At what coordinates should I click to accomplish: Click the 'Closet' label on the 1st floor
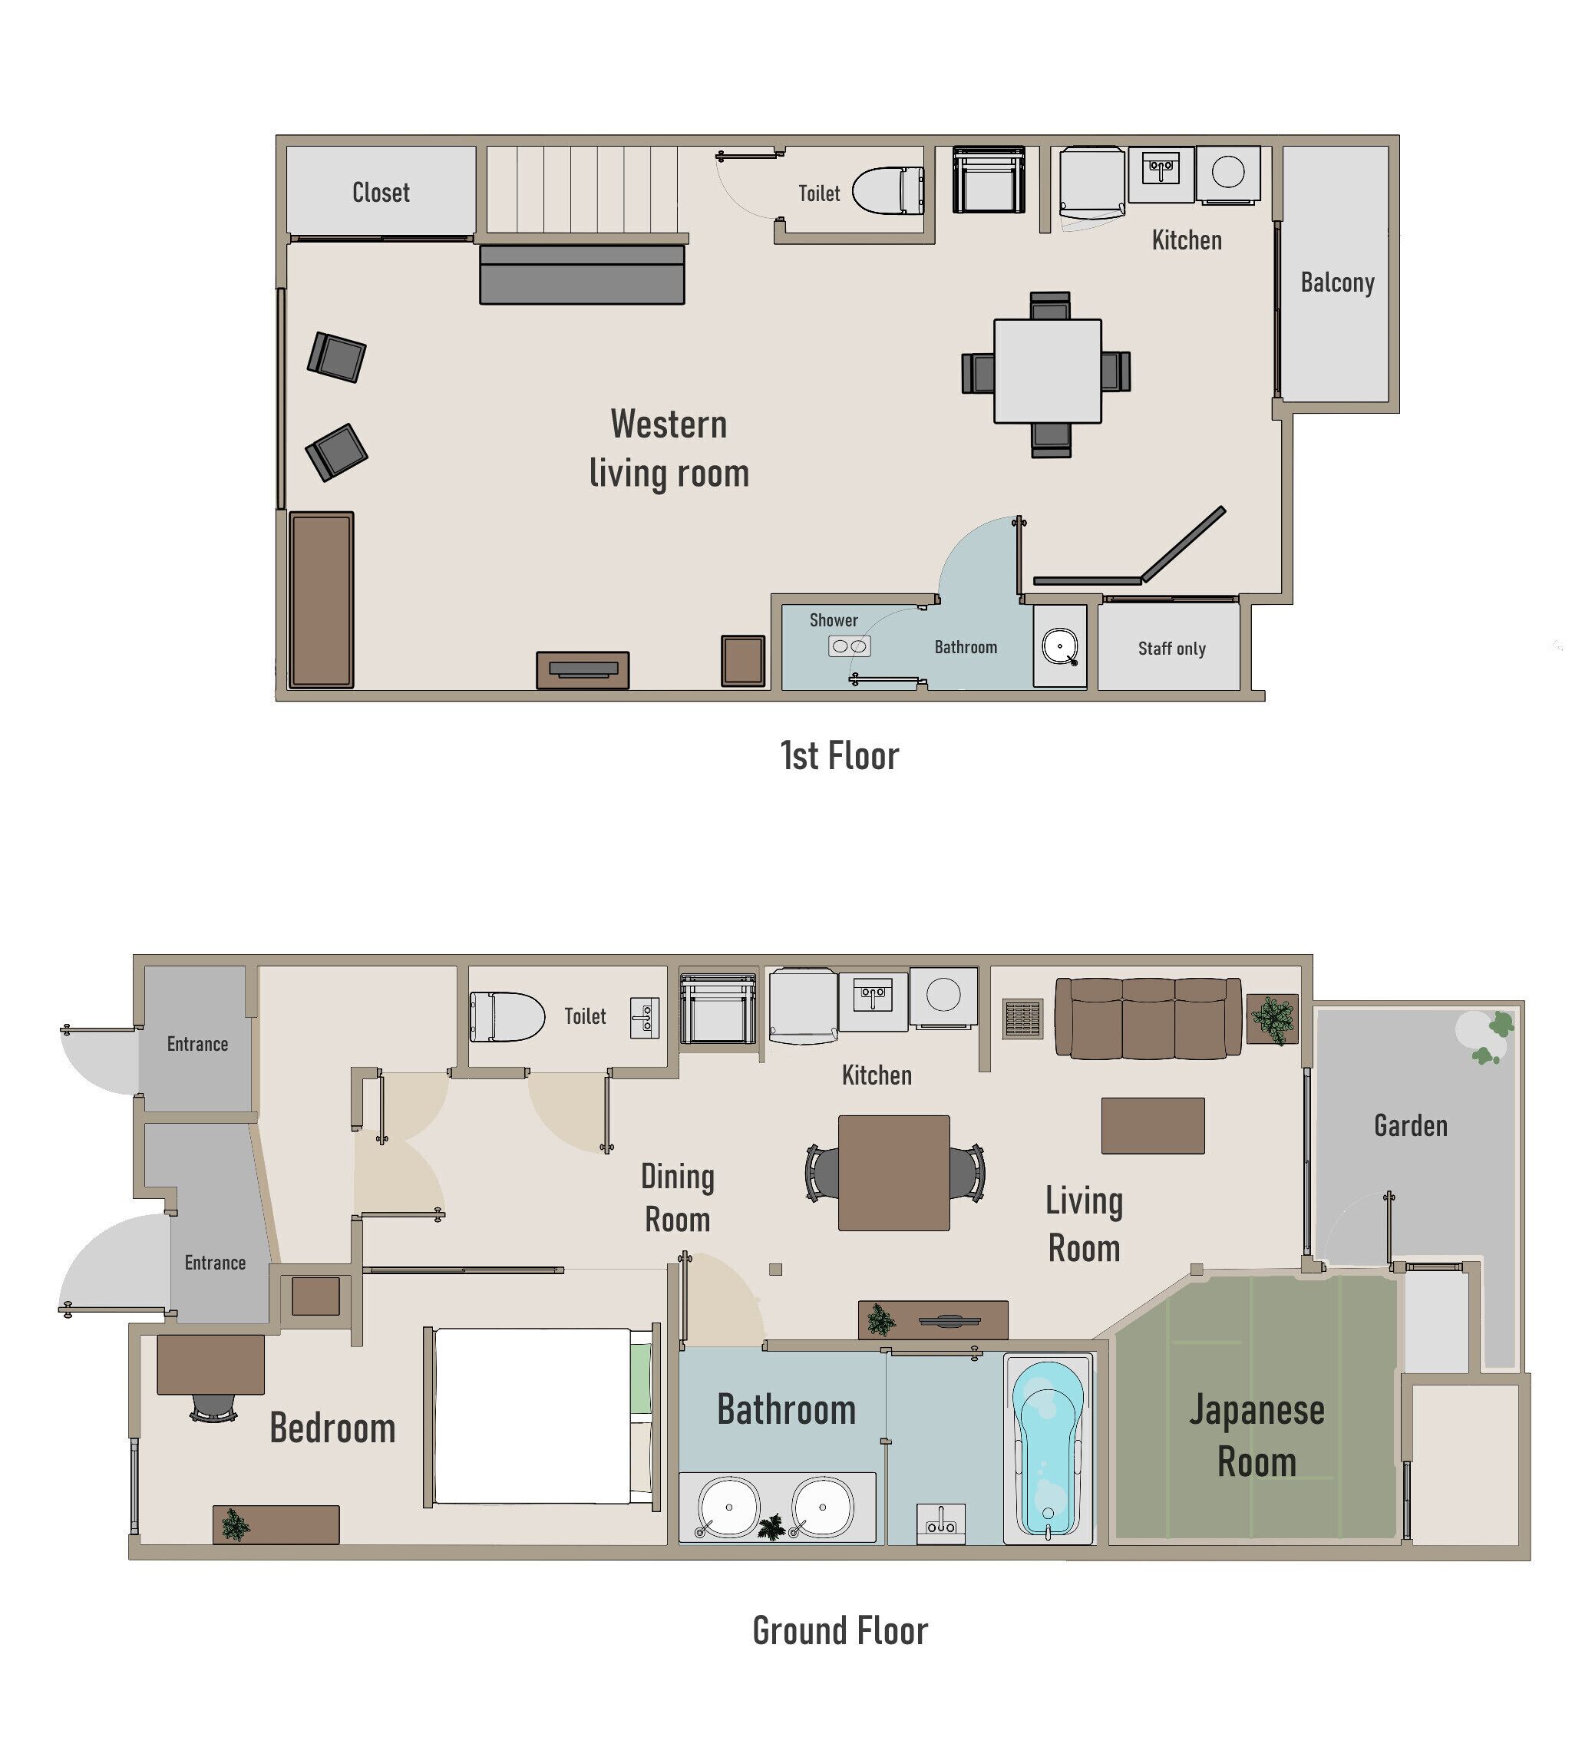click(381, 192)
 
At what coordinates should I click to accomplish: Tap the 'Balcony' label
click(1337, 282)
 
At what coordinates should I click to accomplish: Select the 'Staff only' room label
click(1171, 649)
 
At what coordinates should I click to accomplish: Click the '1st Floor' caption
click(840, 755)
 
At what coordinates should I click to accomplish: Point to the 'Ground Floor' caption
click(840, 1630)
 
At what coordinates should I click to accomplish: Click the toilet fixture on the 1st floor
click(888, 191)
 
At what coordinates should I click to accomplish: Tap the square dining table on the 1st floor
click(1047, 372)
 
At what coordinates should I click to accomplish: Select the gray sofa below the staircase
click(582, 275)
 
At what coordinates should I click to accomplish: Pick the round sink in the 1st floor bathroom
click(1059, 647)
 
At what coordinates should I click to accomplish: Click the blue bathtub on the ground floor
click(1048, 1448)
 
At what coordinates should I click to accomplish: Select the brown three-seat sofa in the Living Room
click(1148, 1018)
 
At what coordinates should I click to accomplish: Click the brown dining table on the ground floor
click(894, 1173)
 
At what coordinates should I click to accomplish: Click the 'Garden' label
click(1411, 1125)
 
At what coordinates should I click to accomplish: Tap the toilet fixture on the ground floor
click(507, 1016)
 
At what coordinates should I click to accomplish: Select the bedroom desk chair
click(213, 1408)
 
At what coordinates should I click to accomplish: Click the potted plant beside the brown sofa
click(1273, 1019)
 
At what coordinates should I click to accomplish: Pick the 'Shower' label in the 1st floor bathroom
click(834, 620)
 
